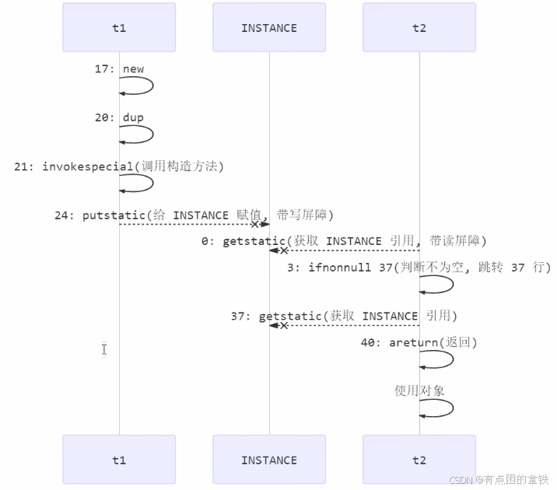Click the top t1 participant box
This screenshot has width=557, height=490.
pyautogui.click(x=119, y=28)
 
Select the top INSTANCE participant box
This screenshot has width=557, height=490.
pyautogui.click(x=269, y=28)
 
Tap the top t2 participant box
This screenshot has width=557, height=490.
pyautogui.click(x=419, y=28)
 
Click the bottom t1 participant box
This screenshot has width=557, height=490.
pyautogui.click(x=119, y=460)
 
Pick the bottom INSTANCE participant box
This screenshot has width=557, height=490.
pyautogui.click(x=269, y=460)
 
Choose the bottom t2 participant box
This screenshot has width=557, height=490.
pyautogui.click(x=419, y=460)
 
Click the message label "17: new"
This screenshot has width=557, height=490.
pyautogui.click(x=120, y=68)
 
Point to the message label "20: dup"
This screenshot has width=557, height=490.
pyautogui.click(x=120, y=117)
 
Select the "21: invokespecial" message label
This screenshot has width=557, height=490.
pyautogui.click(x=119, y=166)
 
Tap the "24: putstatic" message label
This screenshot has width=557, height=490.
pyautogui.click(x=194, y=215)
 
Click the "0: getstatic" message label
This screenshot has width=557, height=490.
pyautogui.click(x=344, y=241)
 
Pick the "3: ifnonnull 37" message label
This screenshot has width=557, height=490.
pyautogui.click(x=419, y=268)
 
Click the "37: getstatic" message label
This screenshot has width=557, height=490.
pyautogui.click(x=344, y=316)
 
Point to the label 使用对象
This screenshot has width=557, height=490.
pyautogui.click(x=419, y=390)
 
